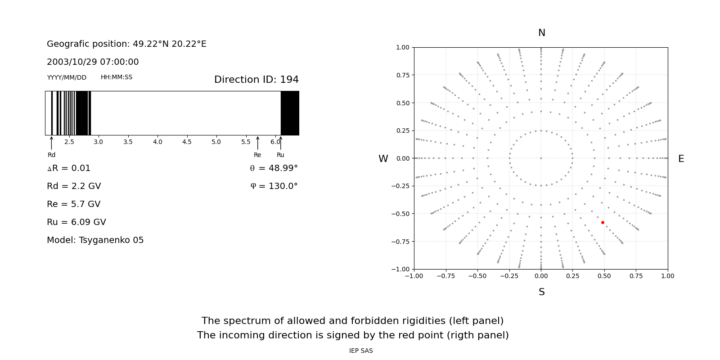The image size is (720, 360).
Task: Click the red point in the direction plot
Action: coord(603,222)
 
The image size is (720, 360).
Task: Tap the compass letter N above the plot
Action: coord(541,33)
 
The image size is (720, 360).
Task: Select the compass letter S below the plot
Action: coord(541,292)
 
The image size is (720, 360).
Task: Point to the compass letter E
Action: coord(681,159)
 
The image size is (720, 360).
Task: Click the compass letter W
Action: coord(383,159)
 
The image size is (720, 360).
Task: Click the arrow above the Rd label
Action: coord(52,143)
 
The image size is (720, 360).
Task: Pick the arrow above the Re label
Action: coord(257,143)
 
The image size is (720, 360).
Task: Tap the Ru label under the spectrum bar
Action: coord(280,155)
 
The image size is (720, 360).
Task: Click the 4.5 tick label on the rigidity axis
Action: coord(187,142)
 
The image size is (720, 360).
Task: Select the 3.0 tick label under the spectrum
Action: coord(98,142)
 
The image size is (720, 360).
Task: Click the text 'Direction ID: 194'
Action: coord(256,80)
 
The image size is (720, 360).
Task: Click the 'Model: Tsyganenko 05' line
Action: coord(95,240)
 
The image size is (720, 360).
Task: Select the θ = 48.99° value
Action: coord(274,168)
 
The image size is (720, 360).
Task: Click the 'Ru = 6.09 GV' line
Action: coord(76,222)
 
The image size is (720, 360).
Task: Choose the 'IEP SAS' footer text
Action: coord(360,351)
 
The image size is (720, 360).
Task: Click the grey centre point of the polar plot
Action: coord(541,158)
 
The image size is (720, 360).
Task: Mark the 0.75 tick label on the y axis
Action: coord(402,75)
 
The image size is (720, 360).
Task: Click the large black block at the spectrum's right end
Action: coord(290,113)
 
